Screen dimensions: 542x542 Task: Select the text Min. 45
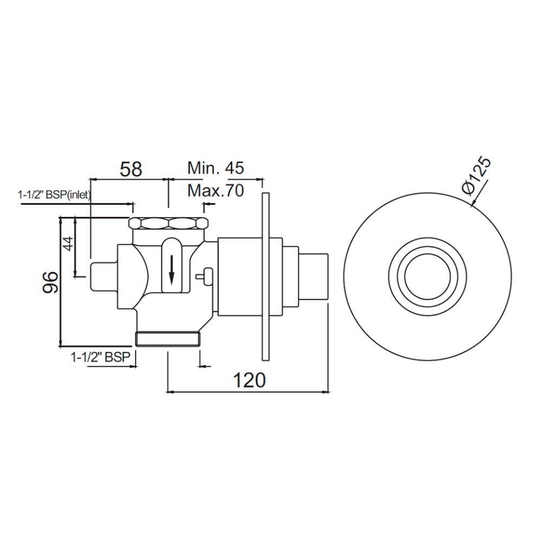pos(216,168)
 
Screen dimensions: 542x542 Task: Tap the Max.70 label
pos(216,191)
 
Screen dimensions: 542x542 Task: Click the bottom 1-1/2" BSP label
pos(100,357)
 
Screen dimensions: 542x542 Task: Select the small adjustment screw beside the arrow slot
pos(204,276)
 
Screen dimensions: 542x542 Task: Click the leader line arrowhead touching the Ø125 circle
pos(471,204)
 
